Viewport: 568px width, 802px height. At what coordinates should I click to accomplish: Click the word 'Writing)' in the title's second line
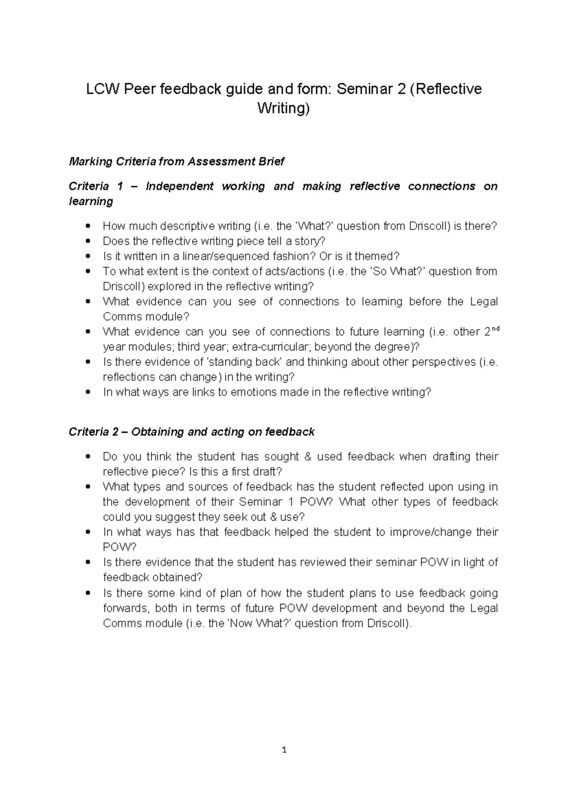[x=284, y=108]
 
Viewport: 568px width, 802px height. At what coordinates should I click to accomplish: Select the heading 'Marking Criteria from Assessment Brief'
[x=176, y=162]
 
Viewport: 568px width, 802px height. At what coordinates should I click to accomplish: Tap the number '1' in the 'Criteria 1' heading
[x=120, y=186]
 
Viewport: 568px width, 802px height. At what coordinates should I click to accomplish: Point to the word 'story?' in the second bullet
[x=311, y=241]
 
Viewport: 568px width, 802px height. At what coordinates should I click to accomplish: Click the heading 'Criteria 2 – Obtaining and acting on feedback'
[x=191, y=432]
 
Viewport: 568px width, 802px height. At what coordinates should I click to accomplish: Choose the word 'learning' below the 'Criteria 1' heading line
[x=91, y=201]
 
